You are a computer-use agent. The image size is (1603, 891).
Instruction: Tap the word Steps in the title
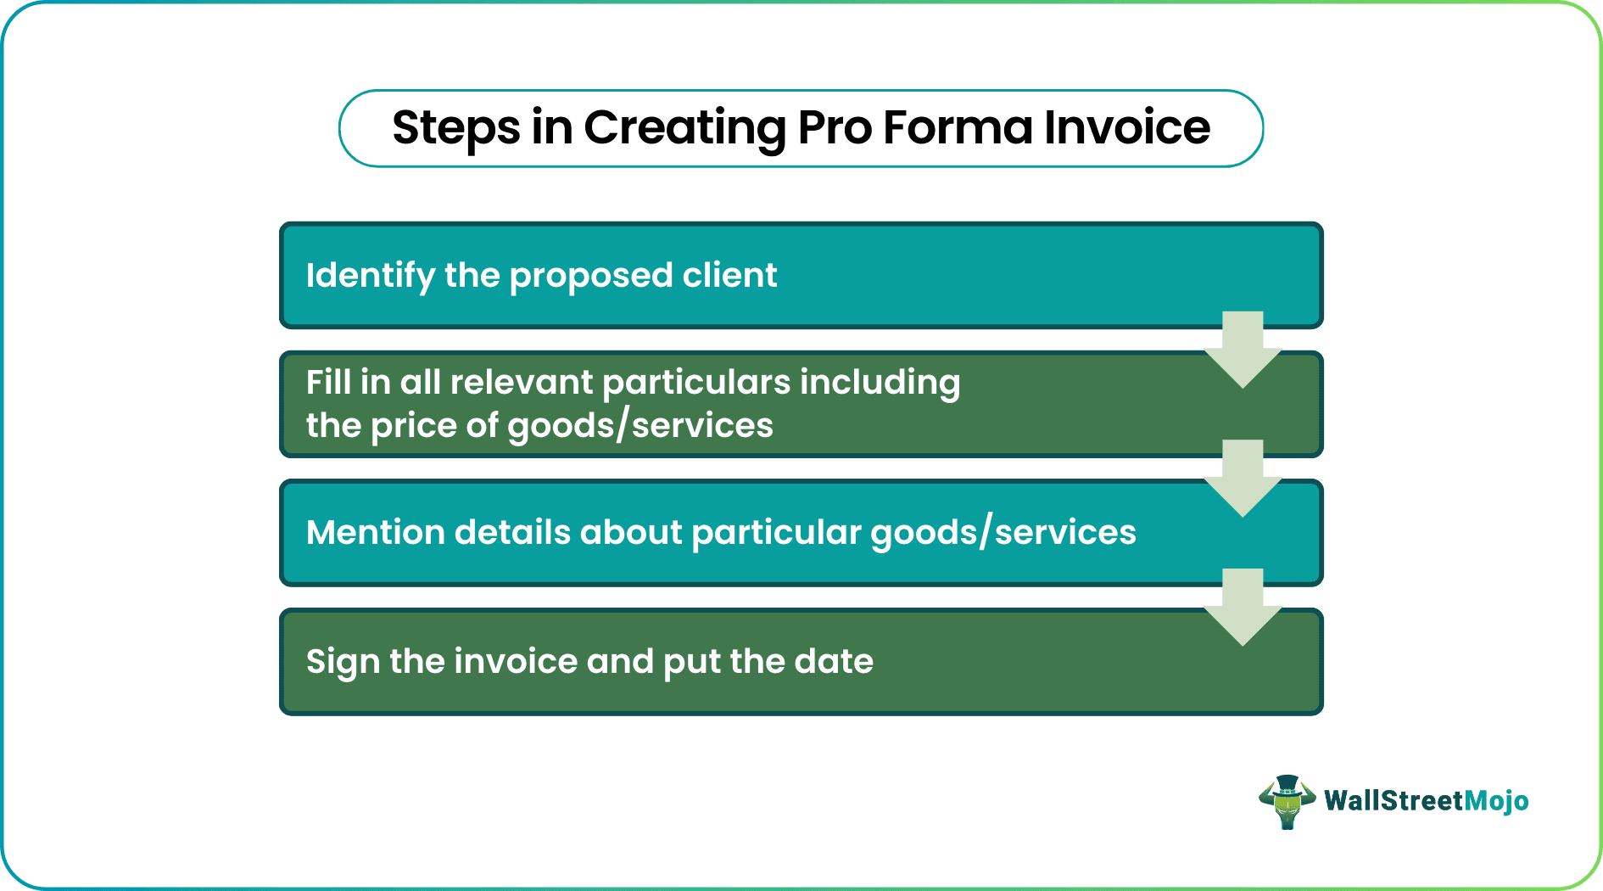455,128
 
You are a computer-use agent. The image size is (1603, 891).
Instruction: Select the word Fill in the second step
328,382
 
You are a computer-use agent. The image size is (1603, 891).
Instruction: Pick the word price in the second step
412,425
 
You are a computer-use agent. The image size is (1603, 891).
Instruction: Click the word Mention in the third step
375,533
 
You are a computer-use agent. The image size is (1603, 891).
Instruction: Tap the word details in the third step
512,533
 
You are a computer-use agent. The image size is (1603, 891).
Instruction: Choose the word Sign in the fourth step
343,662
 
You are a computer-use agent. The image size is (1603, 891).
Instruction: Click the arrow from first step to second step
1243,350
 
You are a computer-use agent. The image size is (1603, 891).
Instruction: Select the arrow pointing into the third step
1243,479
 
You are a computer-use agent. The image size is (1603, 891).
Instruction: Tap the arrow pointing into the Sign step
1243,608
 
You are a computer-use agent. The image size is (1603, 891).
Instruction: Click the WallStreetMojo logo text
1426,801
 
